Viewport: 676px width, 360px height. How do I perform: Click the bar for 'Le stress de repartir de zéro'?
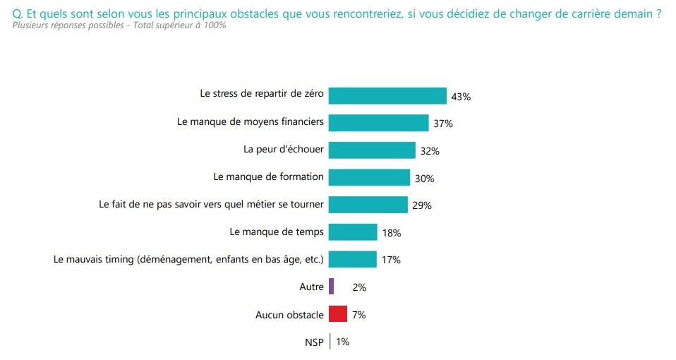387,95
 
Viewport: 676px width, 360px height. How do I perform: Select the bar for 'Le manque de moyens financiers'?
378,123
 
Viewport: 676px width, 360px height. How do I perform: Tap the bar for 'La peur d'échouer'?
372,150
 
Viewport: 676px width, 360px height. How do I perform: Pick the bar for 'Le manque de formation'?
369,177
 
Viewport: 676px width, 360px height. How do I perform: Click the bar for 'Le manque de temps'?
353,232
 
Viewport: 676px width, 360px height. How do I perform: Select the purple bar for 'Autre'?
331,287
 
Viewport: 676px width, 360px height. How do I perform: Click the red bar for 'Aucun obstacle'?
338,314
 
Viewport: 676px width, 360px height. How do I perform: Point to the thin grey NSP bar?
330,342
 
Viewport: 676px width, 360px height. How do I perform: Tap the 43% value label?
460,96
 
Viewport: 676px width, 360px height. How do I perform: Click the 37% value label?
443,124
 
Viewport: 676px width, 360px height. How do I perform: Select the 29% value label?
422,205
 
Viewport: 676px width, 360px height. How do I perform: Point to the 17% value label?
391,260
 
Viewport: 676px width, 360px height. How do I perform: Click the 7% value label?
358,315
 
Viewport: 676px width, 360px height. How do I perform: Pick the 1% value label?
342,342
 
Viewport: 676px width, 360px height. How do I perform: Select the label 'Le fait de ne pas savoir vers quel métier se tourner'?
210,205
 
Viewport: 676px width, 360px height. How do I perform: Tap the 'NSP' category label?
314,342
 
